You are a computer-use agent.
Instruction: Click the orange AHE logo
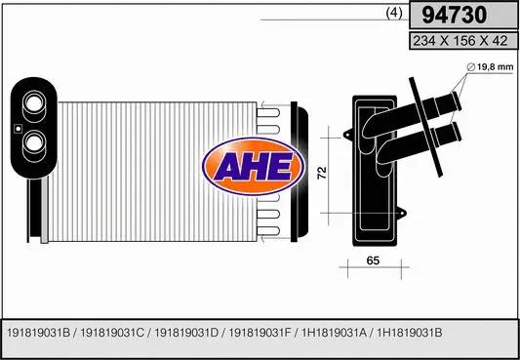pos(251,164)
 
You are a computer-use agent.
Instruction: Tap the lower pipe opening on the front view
pos(32,142)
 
